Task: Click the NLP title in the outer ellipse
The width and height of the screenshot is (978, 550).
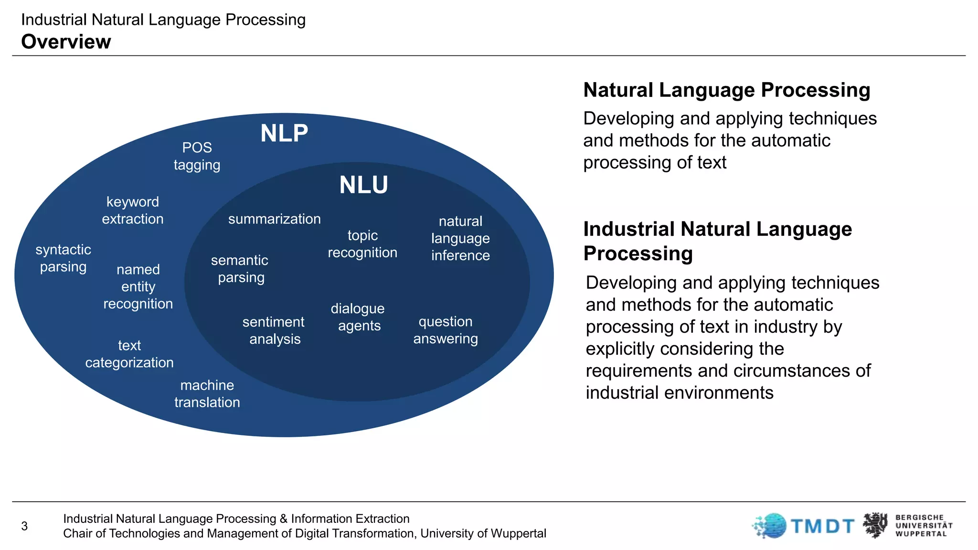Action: coord(284,133)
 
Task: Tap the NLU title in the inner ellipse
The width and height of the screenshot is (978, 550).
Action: coord(363,185)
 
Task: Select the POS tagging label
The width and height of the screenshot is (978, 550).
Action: coord(197,156)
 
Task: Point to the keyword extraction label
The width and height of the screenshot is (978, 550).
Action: coord(133,210)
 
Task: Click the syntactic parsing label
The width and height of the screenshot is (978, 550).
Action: coord(63,258)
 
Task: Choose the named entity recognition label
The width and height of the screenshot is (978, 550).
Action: coord(138,286)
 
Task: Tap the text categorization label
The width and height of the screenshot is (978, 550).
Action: coord(129,354)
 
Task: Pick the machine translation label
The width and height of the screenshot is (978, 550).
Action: coord(207,393)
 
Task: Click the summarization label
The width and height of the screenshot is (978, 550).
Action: coord(275,219)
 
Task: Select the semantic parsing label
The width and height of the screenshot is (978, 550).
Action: coord(240,268)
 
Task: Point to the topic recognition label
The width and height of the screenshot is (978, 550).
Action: coord(362,244)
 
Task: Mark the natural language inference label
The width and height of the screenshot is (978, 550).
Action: coord(460,238)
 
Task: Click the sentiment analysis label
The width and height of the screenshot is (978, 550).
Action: coord(274,330)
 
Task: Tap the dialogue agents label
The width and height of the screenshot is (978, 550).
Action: coord(358,317)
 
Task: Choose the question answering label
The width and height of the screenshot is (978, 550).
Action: coord(446,330)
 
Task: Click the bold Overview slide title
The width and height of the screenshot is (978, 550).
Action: coord(66,42)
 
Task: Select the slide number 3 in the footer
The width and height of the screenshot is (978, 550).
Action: coord(24,526)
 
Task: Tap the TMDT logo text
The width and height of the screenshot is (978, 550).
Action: coord(822,526)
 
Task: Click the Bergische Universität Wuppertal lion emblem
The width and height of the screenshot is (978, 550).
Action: coord(875,525)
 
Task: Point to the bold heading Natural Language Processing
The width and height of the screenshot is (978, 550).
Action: coord(727,90)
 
